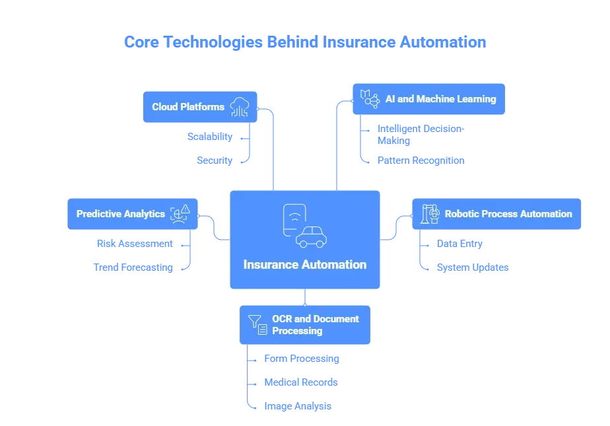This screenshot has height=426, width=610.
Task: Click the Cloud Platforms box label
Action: (x=188, y=107)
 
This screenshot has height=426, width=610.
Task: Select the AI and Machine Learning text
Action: (x=440, y=99)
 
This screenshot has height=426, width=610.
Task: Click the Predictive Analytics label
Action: (x=121, y=214)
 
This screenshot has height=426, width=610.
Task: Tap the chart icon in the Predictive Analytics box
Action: (x=180, y=213)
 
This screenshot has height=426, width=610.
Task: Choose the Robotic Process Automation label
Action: (x=508, y=214)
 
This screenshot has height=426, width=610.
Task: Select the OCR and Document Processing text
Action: (x=315, y=324)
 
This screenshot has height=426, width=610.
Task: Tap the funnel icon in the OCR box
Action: (x=258, y=325)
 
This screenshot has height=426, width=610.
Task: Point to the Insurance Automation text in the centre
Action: (x=304, y=265)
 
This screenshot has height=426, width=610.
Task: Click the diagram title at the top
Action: (x=304, y=42)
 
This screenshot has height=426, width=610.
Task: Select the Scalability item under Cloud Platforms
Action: (x=209, y=137)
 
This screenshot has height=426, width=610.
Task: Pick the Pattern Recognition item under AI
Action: (x=419, y=160)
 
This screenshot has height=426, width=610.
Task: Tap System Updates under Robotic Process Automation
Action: (x=473, y=268)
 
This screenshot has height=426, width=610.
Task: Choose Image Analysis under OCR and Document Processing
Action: (x=297, y=406)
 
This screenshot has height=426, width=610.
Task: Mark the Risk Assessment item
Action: (x=135, y=243)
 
